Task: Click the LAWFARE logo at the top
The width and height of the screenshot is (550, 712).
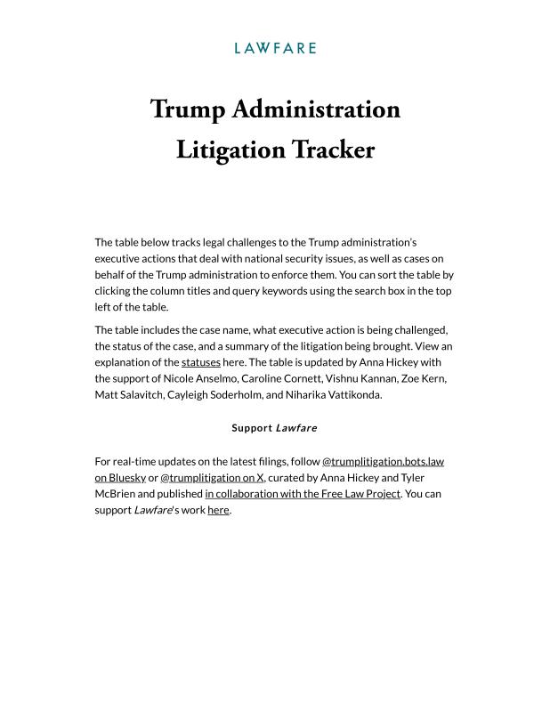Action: pyautogui.click(x=275, y=48)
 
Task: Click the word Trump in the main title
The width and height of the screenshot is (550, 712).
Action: pyautogui.click(x=189, y=109)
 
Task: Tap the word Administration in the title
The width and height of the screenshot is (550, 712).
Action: pyautogui.click(x=316, y=109)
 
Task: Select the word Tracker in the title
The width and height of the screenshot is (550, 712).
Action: pyautogui.click(x=334, y=149)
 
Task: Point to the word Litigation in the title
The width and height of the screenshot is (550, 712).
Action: pyautogui.click(x=230, y=149)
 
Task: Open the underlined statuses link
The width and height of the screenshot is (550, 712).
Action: pyautogui.click(x=200, y=363)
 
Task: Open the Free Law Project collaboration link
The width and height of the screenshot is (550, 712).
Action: pyautogui.click(x=303, y=494)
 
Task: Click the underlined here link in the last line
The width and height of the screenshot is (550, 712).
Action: pyautogui.click(x=218, y=510)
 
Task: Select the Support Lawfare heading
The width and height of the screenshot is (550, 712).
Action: pyautogui.click(x=274, y=428)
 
